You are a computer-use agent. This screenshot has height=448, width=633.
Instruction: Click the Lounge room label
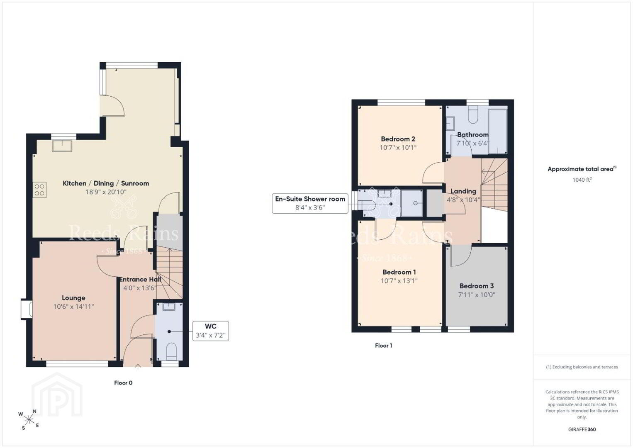[x=73, y=298]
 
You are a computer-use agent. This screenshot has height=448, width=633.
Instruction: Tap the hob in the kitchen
[x=39, y=190]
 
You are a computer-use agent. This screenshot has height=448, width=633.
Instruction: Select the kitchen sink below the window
[x=62, y=146]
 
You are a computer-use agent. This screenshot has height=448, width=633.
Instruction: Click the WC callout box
[x=211, y=331]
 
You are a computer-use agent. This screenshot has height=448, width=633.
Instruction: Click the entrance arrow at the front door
[x=138, y=367]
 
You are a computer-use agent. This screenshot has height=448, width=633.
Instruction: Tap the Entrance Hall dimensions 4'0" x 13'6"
[x=140, y=288]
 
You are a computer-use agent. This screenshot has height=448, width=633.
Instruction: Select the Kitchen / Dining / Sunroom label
[x=106, y=183]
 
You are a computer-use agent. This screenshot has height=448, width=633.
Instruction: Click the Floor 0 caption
[x=123, y=383]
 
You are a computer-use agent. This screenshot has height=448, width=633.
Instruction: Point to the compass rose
[x=29, y=420]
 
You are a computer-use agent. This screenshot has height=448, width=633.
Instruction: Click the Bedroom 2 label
[x=398, y=139]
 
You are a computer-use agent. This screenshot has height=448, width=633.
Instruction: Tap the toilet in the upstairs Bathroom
[x=473, y=115]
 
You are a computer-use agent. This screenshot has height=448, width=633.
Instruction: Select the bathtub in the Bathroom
[x=498, y=131]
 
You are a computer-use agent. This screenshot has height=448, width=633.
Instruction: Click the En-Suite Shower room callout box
[x=310, y=203]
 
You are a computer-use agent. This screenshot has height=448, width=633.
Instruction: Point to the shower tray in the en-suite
[x=412, y=203]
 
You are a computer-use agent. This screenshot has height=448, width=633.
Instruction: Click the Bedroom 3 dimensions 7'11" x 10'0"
[x=477, y=295]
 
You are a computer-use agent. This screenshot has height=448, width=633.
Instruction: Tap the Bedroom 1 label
[x=399, y=272]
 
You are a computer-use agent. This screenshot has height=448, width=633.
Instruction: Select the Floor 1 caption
[x=383, y=346]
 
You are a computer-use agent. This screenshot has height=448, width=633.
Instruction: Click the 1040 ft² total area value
[x=582, y=180]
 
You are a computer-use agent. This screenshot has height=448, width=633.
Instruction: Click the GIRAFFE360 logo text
[x=582, y=429]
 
